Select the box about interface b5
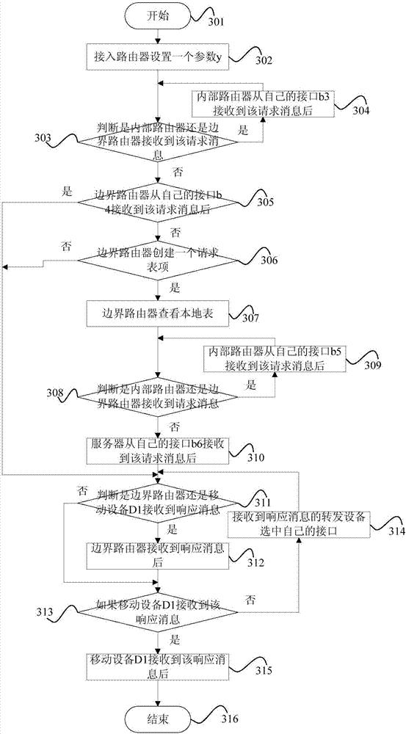point(275,358)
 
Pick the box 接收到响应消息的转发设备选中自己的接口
point(299,524)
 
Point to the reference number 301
point(216,21)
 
